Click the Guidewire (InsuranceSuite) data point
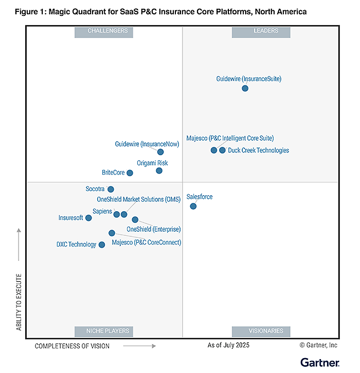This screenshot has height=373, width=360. point(245,88)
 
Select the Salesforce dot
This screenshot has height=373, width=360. point(193,206)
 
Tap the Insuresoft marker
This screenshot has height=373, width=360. point(88,218)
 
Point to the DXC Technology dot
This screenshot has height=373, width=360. point(101,245)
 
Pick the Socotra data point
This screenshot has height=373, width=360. point(111,189)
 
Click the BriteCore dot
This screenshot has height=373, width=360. point(130,173)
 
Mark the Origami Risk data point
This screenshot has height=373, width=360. point(159,171)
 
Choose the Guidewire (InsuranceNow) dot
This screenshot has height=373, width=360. point(160,152)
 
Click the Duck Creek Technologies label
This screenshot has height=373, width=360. point(258,151)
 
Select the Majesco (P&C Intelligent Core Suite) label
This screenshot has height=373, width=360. point(230,138)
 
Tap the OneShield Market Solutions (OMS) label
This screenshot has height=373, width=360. point(138,199)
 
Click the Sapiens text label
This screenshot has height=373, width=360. point(102,211)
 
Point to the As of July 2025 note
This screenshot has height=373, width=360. point(228,345)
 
